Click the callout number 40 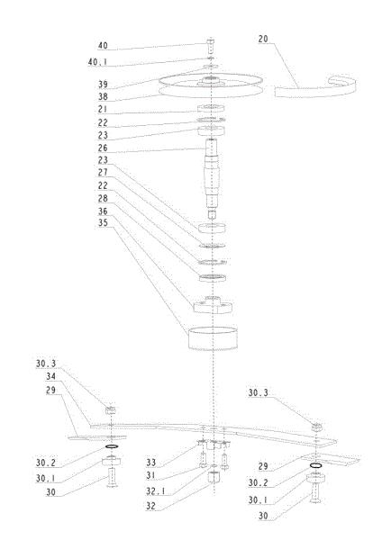(x=103, y=46)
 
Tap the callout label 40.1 (x=97, y=62)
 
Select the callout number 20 (x=263, y=40)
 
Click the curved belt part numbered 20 (x=314, y=89)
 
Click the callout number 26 (x=103, y=148)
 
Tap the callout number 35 (x=103, y=223)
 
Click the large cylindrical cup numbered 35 (x=213, y=337)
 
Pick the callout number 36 (x=103, y=211)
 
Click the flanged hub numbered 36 (x=213, y=304)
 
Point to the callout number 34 (x=51, y=376)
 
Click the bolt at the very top (x=210, y=46)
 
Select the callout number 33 (x=150, y=463)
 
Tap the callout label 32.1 (x=155, y=491)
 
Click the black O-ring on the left (x=112, y=446)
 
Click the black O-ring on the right (x=316, y=466)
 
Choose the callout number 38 (x=103, y=97)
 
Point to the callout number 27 (x=103, y=172)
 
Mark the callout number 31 (x=150, y=475)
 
